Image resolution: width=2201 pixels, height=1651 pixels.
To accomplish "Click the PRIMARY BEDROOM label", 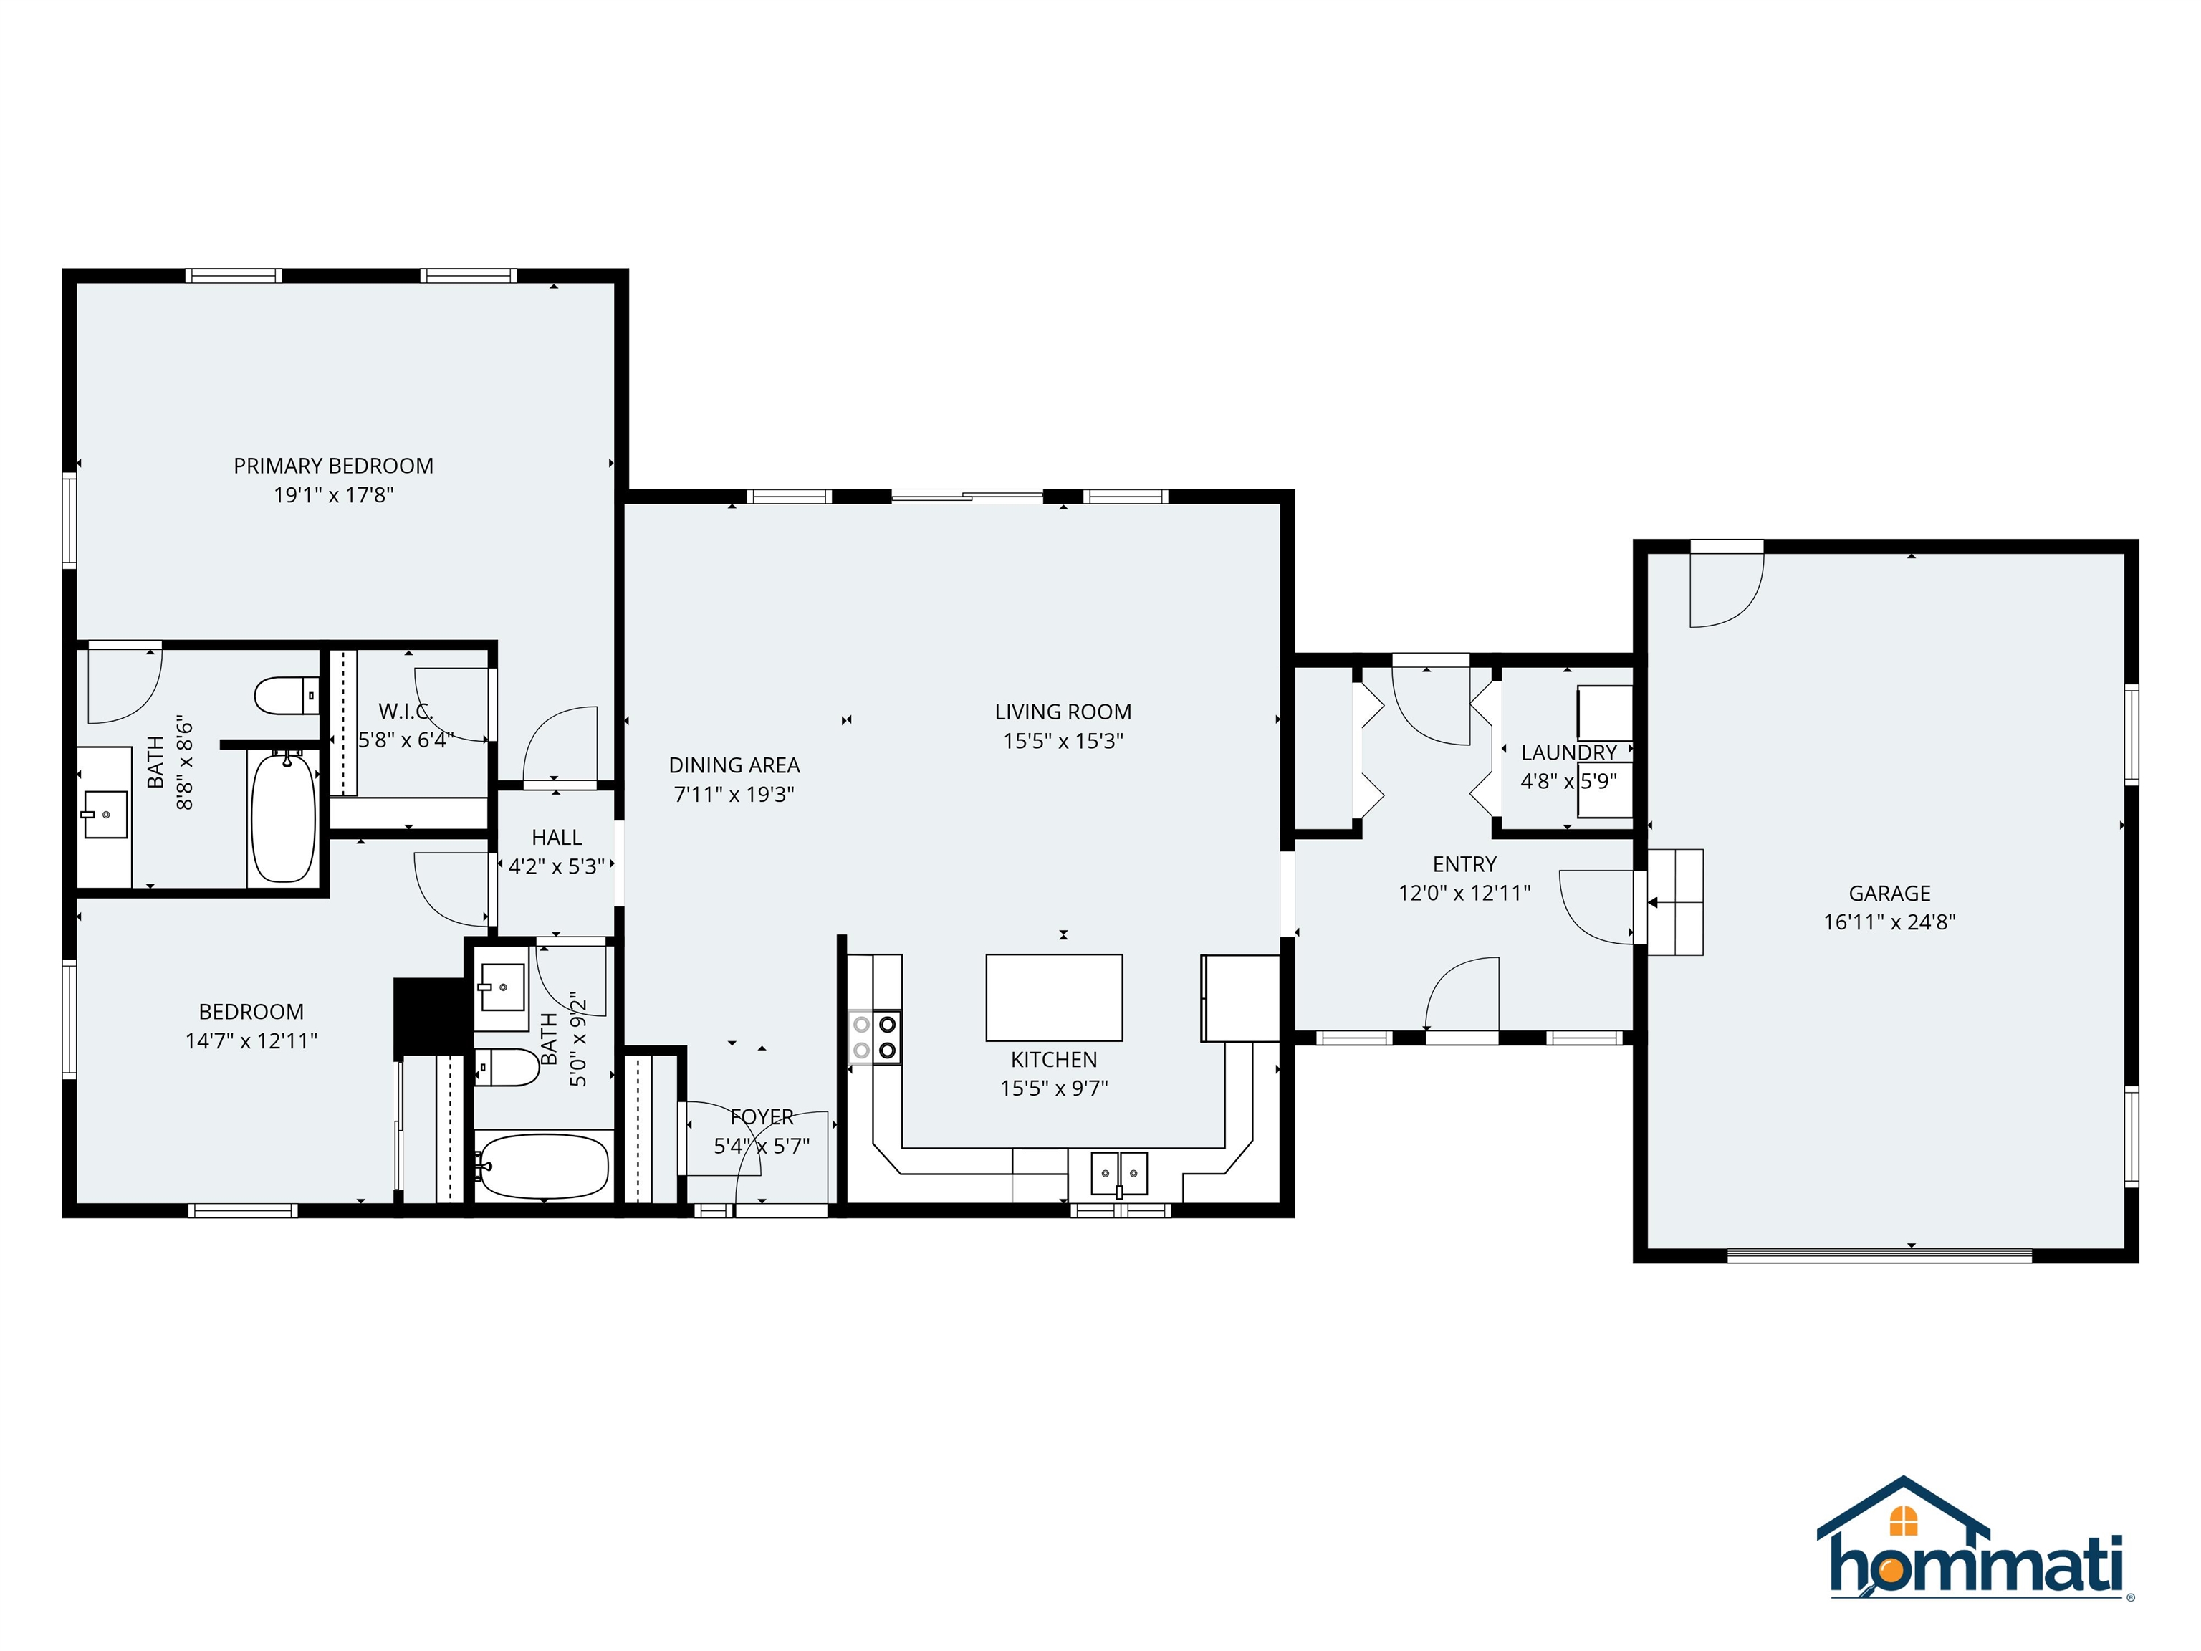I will click(x=333, y=466).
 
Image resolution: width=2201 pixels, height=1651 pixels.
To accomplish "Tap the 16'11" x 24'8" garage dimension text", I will click(x=1889, y=922).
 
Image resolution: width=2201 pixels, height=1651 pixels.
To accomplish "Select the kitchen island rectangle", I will click(x=1054, y=997).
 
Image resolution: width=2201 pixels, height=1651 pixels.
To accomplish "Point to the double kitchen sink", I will click(x=1118, y=1173).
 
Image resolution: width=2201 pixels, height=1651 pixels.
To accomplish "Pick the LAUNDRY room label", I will click(x=1568, y=753).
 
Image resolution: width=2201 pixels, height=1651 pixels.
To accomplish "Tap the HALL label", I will click(x=556, y=838).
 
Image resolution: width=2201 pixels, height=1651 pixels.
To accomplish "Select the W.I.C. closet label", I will click(x=405, y=712).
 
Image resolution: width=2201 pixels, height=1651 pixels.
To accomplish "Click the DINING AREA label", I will click(x=734, y=765).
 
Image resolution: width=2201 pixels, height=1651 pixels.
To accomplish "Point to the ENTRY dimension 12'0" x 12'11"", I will click(x=1464, y=893).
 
